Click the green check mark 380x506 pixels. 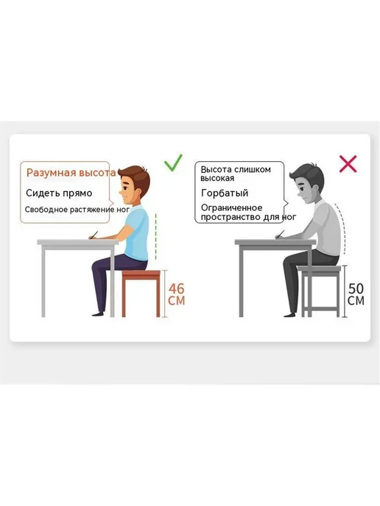pos(173,163)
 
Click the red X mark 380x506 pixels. pos(348,164)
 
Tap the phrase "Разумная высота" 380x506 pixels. pos(71,173)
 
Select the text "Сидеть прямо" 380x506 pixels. pos(59,193)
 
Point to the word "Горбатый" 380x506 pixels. pos(225,193)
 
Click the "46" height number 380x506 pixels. pos(177,288)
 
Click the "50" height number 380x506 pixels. pos(356,288)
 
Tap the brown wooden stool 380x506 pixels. pos(141,293)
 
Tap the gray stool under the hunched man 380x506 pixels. pos(320,291)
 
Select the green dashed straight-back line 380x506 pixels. pos(155,236)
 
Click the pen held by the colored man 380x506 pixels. pos(94,235)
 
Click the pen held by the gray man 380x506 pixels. pos(280,235)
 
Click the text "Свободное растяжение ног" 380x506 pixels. pos(77,210)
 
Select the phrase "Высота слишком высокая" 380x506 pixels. pos(236,174)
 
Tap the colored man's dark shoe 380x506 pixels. pos(98,313)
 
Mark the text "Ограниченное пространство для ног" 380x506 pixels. pos(248,213)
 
